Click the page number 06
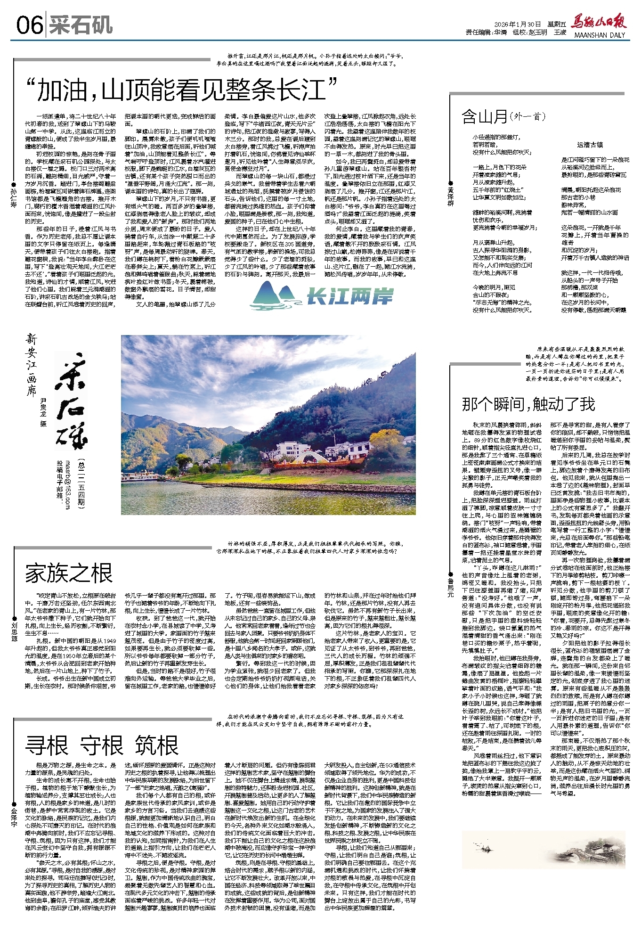coord(29,25)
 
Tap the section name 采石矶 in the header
coord(81,25)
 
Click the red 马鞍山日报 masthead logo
coord(598,22)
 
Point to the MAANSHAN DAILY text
coord(599,35)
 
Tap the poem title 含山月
coord(485,116)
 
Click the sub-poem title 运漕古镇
coord(589,144)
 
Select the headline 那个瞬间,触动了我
coord(528,403)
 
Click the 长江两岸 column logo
coord(322,296)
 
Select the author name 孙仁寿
coord(14,198)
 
